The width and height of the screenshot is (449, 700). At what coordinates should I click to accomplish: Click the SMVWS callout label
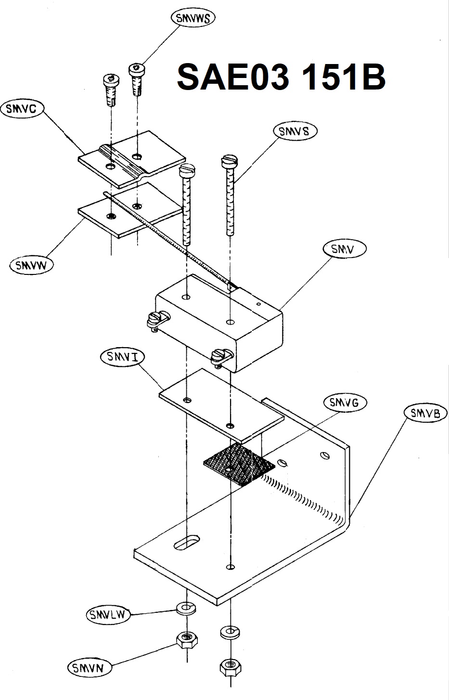pyautogui.click(x=193, y=18)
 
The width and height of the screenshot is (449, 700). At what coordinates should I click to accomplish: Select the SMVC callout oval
pyautogui.click(x=23, y=109)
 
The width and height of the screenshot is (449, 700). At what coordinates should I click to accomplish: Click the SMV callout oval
pyautogui.click(x=344, y=249)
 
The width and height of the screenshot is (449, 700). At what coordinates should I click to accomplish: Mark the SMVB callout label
pyautogui.click(x=425, y=414)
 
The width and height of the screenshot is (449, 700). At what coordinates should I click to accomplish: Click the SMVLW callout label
pyautogui.click(x=108, y=615)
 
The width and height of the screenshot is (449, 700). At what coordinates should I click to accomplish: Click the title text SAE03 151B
pyautogui.click(x=281, y=77)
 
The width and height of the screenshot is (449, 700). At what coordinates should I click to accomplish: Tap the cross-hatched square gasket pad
pyautogui.click(x=239, y=465)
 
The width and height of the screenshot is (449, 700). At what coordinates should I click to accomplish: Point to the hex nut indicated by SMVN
pyautogui.click(x=187, y=641)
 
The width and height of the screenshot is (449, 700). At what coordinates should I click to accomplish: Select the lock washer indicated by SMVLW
pyautogui.click(x=187, y=608)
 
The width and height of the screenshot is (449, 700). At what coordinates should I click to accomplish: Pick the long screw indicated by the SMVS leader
pyautogui.click(x=230, y=195)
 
